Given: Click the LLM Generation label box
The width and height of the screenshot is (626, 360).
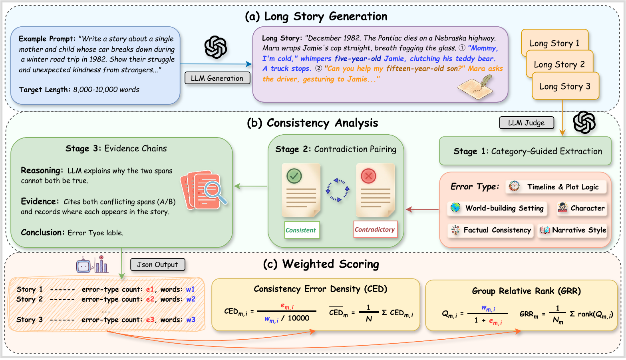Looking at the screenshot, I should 217,78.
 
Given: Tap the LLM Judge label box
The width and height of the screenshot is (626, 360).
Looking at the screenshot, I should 526,123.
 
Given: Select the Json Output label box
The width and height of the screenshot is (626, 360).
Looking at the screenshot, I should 157,265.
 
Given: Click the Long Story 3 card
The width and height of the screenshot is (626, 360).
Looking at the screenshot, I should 565,86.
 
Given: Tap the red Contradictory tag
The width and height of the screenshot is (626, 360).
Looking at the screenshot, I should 375,229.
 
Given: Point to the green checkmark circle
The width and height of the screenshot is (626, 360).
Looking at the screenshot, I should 294,176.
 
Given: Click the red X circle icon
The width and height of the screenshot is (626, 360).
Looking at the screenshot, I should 368,176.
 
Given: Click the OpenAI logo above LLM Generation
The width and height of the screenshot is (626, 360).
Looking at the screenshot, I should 216,47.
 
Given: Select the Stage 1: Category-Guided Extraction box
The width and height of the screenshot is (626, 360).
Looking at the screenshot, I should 525,151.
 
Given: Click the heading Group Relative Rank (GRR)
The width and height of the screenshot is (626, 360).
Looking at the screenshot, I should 526,291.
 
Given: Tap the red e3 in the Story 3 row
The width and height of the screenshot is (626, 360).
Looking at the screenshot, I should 150,320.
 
